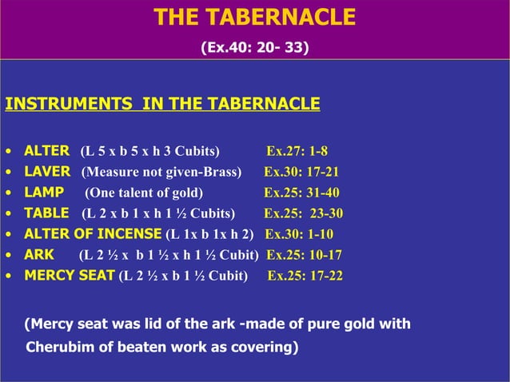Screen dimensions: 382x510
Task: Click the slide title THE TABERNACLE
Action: tap(254, 18)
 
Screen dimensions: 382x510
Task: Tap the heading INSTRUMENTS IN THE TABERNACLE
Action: tap(162, 105)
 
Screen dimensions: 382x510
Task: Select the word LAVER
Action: tap(47, 171)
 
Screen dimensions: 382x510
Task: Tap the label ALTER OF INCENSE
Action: tap(92, 234)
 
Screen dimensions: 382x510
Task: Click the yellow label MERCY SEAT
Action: tap(70, 277)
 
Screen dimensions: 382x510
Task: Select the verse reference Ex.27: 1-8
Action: tap(297, 150)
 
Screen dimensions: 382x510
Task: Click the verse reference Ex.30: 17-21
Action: tap(301, 171)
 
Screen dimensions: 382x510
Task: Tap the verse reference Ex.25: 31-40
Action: tap(301, 192)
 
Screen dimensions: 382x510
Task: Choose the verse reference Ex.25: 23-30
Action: tap(303, 213)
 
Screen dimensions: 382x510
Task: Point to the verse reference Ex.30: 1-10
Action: tap(299, 234)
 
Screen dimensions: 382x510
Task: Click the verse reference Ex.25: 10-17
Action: tap(304, 255)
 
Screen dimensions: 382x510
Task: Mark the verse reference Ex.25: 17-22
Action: tap(305, 277)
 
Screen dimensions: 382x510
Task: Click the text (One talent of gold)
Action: tap(144, 192)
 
